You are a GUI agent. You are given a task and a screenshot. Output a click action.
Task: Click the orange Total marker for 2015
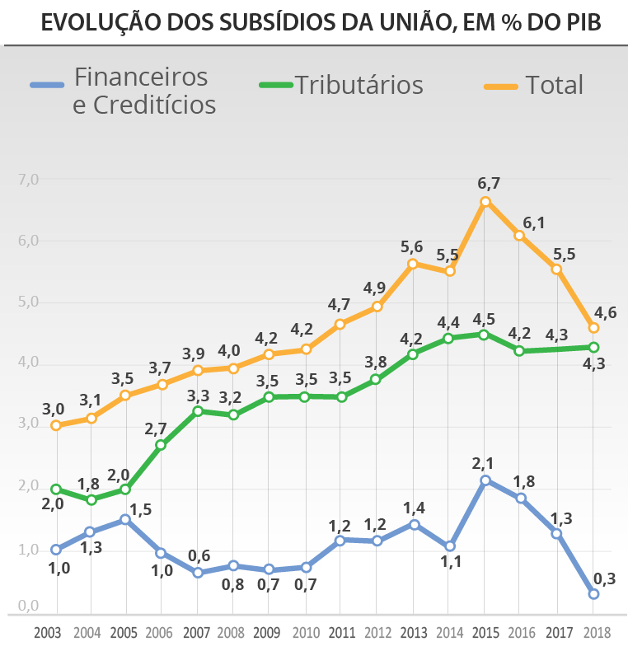[485, 202]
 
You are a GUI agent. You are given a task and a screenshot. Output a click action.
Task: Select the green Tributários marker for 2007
[198, 411]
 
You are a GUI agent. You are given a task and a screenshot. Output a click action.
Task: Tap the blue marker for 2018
[593, 593]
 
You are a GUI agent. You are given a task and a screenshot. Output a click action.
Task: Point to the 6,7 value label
[490, 183]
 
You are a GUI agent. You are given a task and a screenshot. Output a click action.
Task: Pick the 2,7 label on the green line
[155, 429]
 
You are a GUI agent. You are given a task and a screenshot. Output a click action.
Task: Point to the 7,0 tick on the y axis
[28, 179]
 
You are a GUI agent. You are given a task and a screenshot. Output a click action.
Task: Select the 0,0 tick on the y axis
[28, 606]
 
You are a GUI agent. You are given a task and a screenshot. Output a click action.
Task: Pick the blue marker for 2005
[125, 519]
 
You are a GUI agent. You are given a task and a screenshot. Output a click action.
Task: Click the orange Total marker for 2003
[56, 425]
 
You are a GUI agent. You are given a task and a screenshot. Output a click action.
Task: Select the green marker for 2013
[413, 354]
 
